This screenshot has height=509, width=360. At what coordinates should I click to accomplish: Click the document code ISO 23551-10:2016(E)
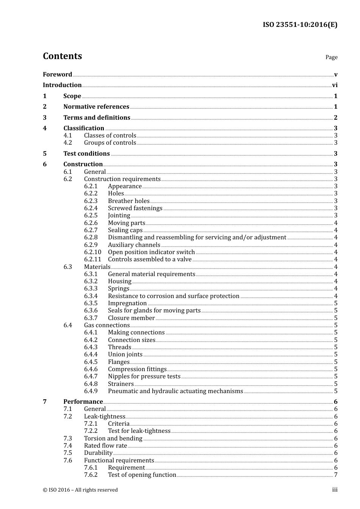tap(300, 25)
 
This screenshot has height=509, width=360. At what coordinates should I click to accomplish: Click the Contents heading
tap(62, 56)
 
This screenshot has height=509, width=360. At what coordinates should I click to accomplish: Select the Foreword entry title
tap(57, 75)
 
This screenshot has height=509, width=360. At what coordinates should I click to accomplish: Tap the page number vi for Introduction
tap(335, 85)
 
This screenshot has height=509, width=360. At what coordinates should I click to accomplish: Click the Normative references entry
tap(96, 107)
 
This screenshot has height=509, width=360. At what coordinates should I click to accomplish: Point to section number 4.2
tap(67, 143)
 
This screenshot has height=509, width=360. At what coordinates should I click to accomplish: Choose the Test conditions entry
tap(86, 154)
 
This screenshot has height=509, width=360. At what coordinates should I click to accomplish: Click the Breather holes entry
tap(128, 201)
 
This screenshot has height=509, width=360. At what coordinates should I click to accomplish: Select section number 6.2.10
tap(92, 252)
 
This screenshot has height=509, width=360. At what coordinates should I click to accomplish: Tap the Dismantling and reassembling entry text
tap(197, 237)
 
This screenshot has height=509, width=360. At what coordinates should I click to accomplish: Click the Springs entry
tap(119, 289)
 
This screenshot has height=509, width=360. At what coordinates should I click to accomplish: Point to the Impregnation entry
tap(127, 303)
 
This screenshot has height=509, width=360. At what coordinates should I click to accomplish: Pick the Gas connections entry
tap(107, 325)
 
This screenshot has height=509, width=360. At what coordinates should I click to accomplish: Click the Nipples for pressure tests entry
tap(144, 376)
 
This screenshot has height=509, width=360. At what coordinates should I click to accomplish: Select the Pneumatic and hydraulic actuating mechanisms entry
tap(175, 391)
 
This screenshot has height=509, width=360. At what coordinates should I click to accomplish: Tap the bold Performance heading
tap(83, 402)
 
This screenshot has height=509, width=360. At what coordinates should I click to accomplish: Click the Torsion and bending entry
tap(113, 439)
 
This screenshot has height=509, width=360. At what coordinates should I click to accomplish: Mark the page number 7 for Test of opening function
tap(336, 475)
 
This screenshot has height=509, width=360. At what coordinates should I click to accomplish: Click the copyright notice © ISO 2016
tap(80, 490)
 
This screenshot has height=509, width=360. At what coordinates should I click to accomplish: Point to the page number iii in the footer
tap(335, 490)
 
